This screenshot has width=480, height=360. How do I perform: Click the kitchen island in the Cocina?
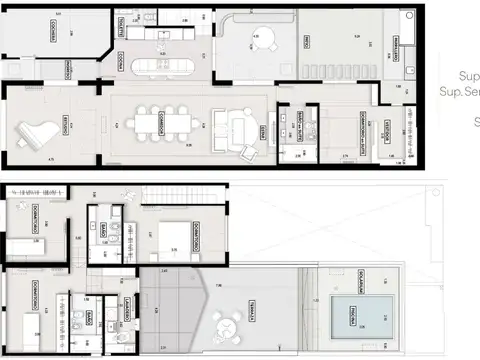click(167, 67)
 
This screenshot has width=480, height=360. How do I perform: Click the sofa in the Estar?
click(243, 129)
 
